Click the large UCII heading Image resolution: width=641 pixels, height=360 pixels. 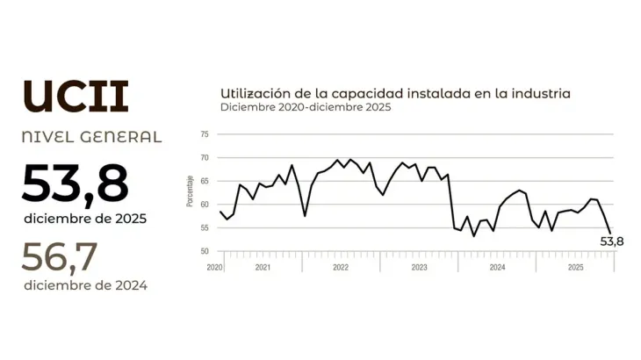click(x=76, y=96)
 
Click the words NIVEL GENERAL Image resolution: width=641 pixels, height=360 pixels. click(x=92, y=137)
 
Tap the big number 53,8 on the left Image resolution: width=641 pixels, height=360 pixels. click(x=76, y=184)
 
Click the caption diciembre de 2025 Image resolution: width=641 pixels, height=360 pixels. click(x=86, y=217)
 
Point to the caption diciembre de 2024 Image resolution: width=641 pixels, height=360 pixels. click(x=86, y=285)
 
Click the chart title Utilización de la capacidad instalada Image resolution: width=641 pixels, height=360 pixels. click(x=395, y=92)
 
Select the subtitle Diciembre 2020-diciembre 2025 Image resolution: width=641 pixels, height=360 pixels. click(x=306, y=107)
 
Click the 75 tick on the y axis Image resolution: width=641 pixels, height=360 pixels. click(x=204, y=135)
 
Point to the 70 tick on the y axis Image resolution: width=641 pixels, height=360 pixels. click(x=204, y=158)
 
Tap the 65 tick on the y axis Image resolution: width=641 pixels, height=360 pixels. click(x=204, y=182)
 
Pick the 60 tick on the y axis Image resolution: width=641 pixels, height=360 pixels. click(x=204, y=205)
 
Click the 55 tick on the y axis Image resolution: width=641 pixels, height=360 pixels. click(x=204, y=228)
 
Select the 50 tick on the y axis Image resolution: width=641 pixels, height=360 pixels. click(x=204, y=252)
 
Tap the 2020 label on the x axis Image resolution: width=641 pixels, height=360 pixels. click(x=215, y=266)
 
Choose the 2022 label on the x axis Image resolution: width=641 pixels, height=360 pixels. click(x=341, y=266)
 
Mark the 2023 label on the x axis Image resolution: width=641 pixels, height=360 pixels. click(x=419, y=266)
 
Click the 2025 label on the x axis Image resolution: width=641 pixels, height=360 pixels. click(x=575, y=266)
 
